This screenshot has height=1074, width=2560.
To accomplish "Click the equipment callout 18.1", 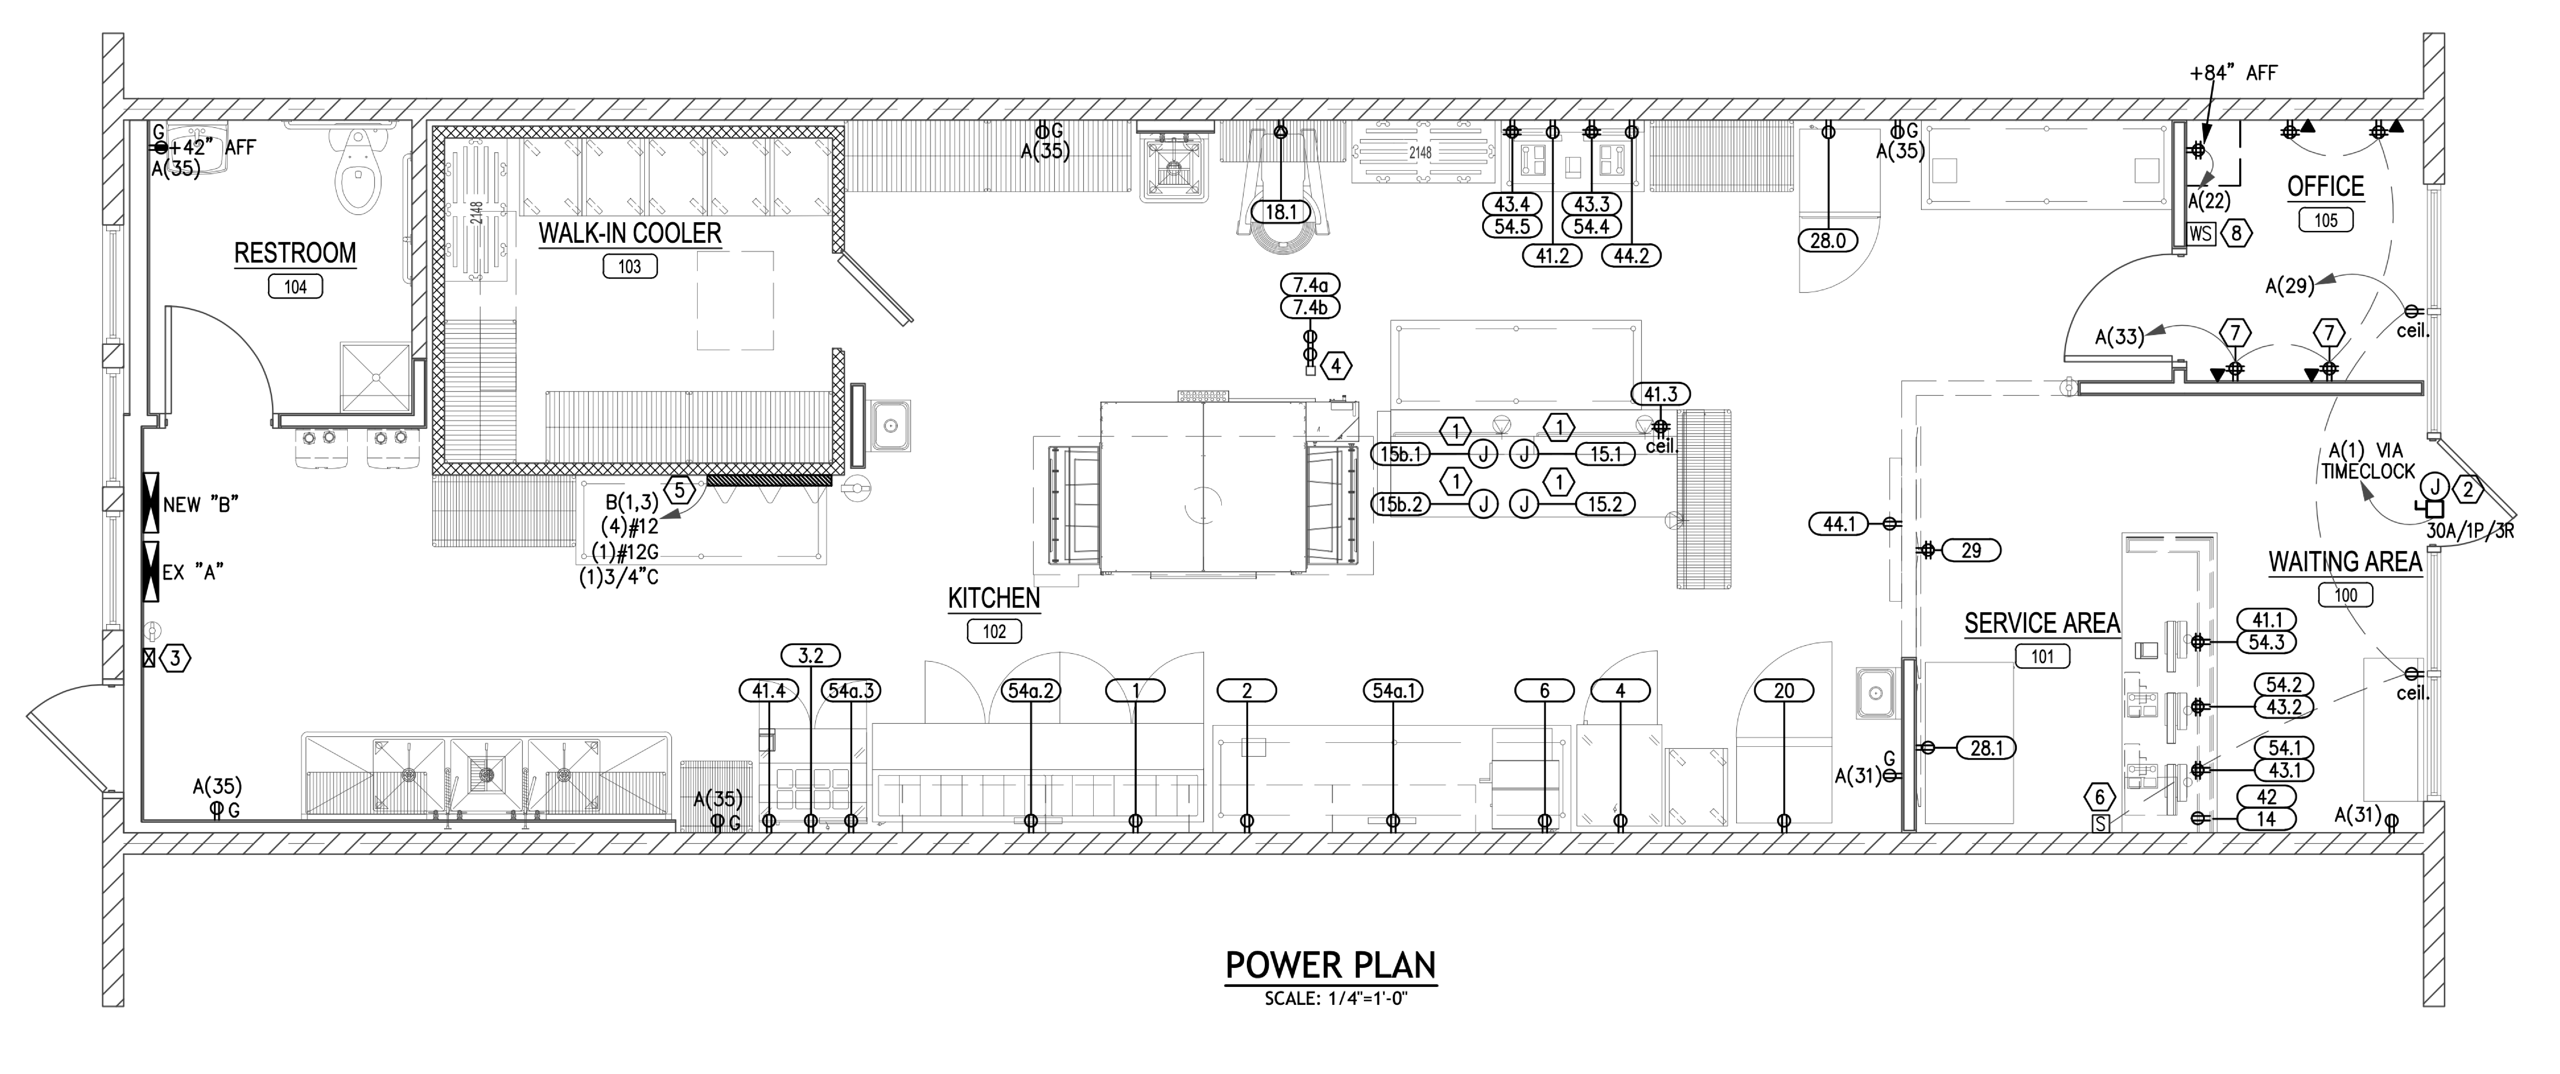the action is coord(1281,212).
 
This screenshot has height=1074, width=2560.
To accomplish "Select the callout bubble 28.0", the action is coord(1828,240).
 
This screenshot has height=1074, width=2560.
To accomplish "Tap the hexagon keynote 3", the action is coord(175,658).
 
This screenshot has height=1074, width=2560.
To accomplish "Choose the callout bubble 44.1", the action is coord(1839,524).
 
